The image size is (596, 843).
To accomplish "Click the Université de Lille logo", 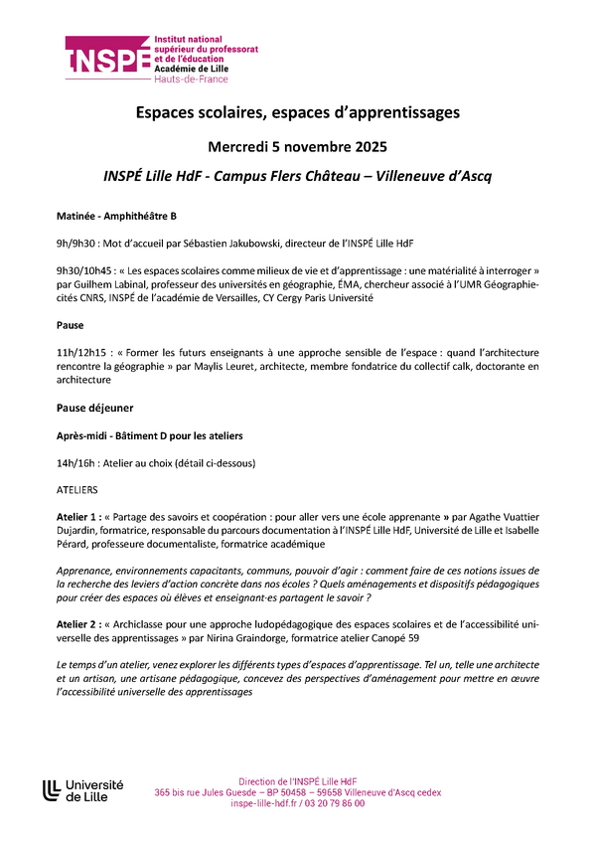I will [83, 790].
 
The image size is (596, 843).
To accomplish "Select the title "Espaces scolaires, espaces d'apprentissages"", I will [298, 113].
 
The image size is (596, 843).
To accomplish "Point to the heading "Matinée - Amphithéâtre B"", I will [116, 216].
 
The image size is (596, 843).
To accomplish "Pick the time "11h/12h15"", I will [79, 352].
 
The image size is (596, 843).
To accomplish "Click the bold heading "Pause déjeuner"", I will [95, 408].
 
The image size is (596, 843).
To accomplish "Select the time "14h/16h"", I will [73, 462].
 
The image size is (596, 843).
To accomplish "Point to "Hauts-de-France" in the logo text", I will [191, 78].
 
